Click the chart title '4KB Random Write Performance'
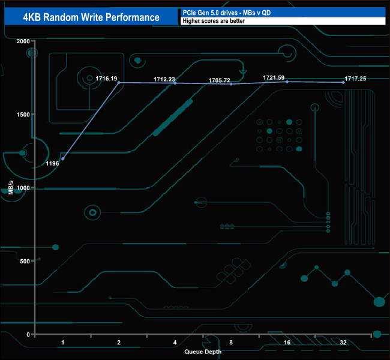point(91,17)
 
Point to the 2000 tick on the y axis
point(22,41)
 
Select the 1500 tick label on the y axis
point(22,115)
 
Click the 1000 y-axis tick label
point(22,188)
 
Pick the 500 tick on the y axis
point(24,261)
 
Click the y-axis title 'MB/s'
point(11,187)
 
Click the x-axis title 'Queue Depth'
point(203,352)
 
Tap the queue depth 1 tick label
point(63,343)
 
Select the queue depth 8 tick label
point(231,343)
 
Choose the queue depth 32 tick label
point(343,343)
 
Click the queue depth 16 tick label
point(287,343)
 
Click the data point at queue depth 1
point(63,159)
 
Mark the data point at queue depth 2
point(119,82)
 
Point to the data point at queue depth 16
point(287,82)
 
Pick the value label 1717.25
point(355,78)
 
